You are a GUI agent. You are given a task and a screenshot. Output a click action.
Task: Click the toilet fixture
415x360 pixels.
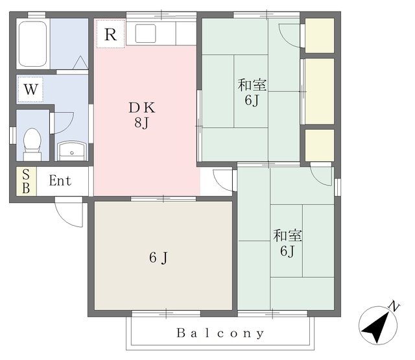click(32, 144)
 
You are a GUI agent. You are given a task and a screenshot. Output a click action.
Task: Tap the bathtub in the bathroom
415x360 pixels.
click(33, 44)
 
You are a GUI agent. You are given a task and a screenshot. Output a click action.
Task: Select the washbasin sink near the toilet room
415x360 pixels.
click(72, 151)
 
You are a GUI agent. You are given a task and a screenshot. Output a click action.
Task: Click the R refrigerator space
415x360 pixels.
click(110, 34)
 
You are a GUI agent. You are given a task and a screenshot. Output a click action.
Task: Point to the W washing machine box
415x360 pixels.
click(30, 90)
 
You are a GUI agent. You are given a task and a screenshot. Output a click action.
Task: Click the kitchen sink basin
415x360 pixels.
click(145, 33)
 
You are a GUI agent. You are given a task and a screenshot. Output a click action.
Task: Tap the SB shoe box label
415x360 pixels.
click(26, 182)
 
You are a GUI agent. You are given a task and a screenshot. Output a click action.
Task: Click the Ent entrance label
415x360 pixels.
click(60, 181)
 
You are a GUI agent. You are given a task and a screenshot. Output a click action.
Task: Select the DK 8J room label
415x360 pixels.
click(142, 115)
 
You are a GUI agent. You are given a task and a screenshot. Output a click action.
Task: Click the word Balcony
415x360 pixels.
click(220, 333)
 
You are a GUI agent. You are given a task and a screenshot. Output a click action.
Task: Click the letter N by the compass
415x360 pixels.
click(394, 306)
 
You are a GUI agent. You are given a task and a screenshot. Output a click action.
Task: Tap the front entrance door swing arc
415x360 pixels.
click(69, 212)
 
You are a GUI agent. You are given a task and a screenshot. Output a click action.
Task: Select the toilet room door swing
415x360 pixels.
click(64, 123)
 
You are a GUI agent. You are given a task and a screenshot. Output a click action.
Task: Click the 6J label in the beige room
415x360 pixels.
click(158, 258)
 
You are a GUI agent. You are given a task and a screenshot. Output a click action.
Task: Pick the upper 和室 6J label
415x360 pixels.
click(252, 92)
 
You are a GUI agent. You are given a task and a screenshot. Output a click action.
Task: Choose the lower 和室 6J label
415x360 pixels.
click(287, 243)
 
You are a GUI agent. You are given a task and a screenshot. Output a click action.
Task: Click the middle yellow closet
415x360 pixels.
click(320, 91)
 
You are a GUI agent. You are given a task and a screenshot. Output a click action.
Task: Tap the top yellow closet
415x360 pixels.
click(320, 36)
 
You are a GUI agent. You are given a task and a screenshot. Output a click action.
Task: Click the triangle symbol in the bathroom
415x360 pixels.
click(80, 63)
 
